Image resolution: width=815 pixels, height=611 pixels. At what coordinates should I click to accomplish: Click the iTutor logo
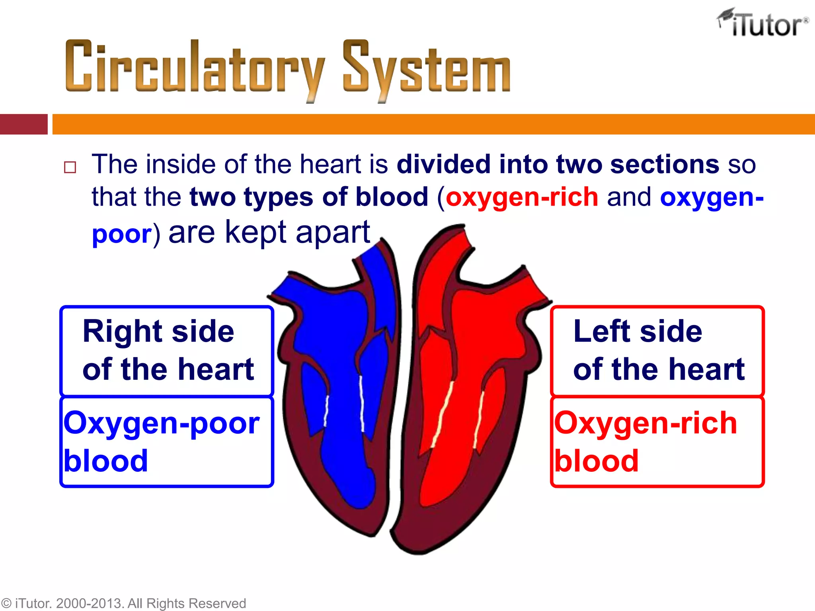tap(763, 23)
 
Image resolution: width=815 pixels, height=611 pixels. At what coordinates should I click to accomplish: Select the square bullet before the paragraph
tap(70, 167)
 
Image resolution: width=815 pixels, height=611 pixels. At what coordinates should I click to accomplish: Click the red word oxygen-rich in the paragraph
tap(522, 197)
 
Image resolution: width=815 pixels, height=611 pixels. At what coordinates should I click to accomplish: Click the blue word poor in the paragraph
tap(121, 234)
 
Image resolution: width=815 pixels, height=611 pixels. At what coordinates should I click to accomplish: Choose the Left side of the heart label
tap(657, 350)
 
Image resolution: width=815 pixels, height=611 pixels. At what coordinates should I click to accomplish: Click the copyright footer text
tap(123, 603)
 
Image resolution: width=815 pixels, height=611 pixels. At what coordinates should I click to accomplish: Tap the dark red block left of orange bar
tap(23, 124)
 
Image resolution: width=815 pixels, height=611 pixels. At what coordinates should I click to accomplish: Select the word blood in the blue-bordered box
tap(106, 461)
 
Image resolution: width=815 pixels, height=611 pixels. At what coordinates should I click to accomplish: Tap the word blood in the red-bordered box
tap(597, 461)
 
